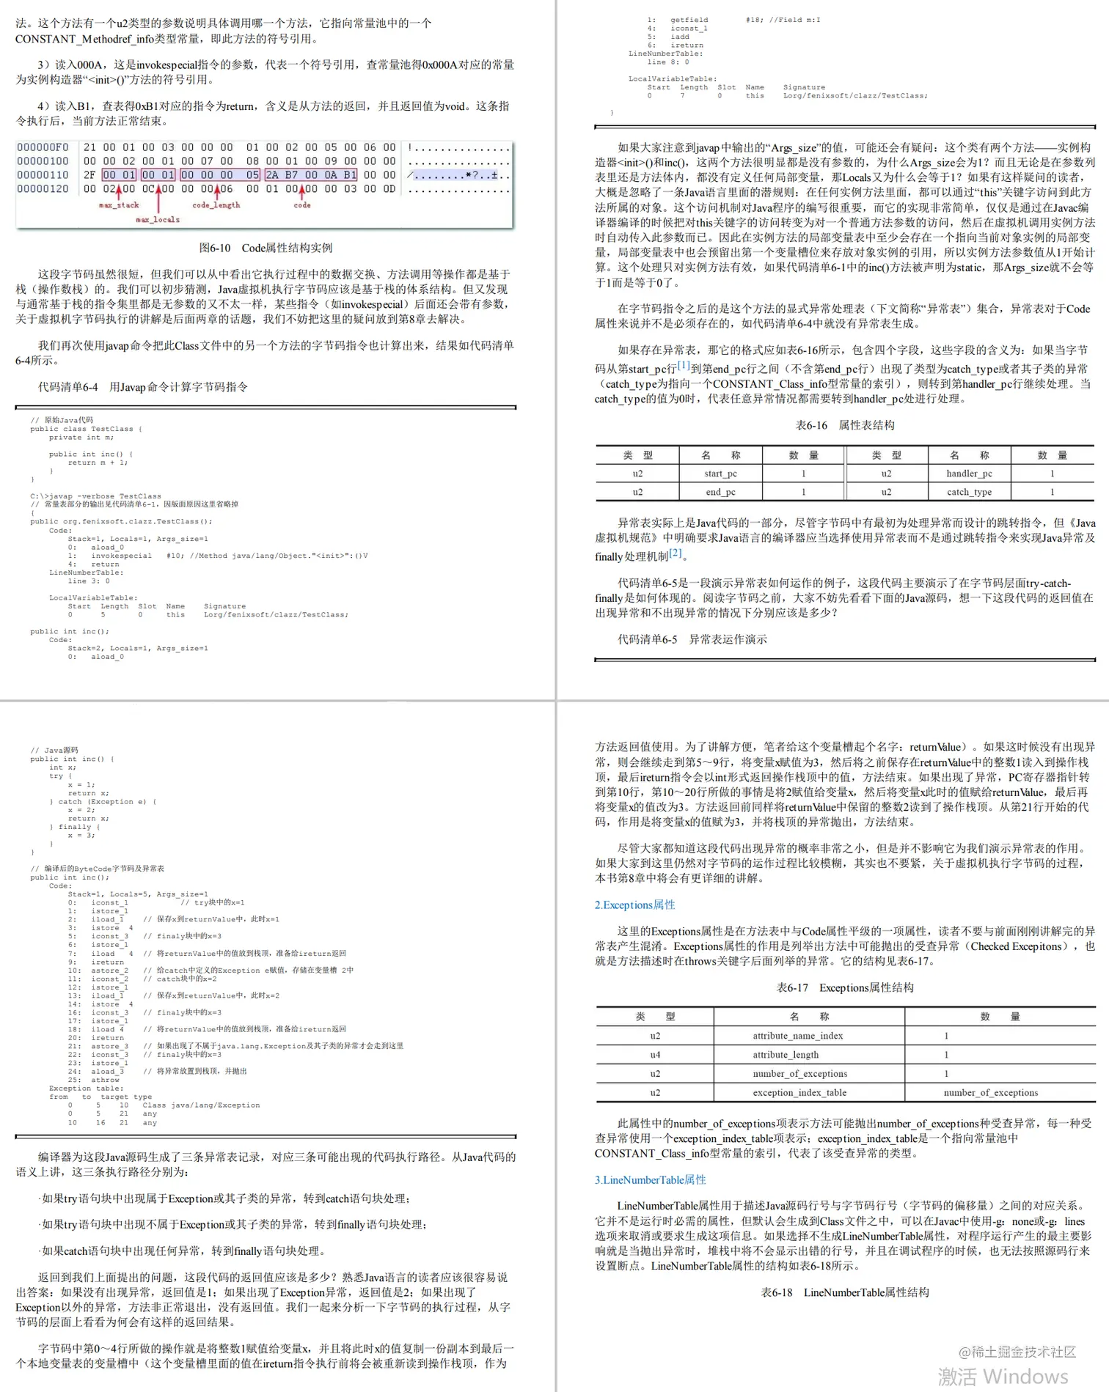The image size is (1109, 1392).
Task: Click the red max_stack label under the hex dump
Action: coord(119,205)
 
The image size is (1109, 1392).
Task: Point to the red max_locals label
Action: coord(158,219)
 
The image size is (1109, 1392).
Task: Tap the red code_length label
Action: coord(216,205)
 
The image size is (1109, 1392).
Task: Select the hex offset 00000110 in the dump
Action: coord(43,175)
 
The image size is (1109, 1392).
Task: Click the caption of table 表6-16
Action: coord(845,425)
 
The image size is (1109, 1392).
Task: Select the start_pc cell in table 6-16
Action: coord(720,474)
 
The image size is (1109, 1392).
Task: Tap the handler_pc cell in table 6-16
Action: coord(969,474)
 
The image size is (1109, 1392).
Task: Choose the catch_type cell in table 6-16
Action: coord(969,492)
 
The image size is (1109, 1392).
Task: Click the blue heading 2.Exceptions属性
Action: coord(634,905)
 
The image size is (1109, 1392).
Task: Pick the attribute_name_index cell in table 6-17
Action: coord(797,1036)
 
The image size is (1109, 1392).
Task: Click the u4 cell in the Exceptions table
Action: coord(655,1055)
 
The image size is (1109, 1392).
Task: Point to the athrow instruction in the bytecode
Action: coord(105,1080)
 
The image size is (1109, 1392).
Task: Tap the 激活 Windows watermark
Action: coord(1003,1376)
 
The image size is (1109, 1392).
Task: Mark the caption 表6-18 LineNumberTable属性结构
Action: coord(845,1292)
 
